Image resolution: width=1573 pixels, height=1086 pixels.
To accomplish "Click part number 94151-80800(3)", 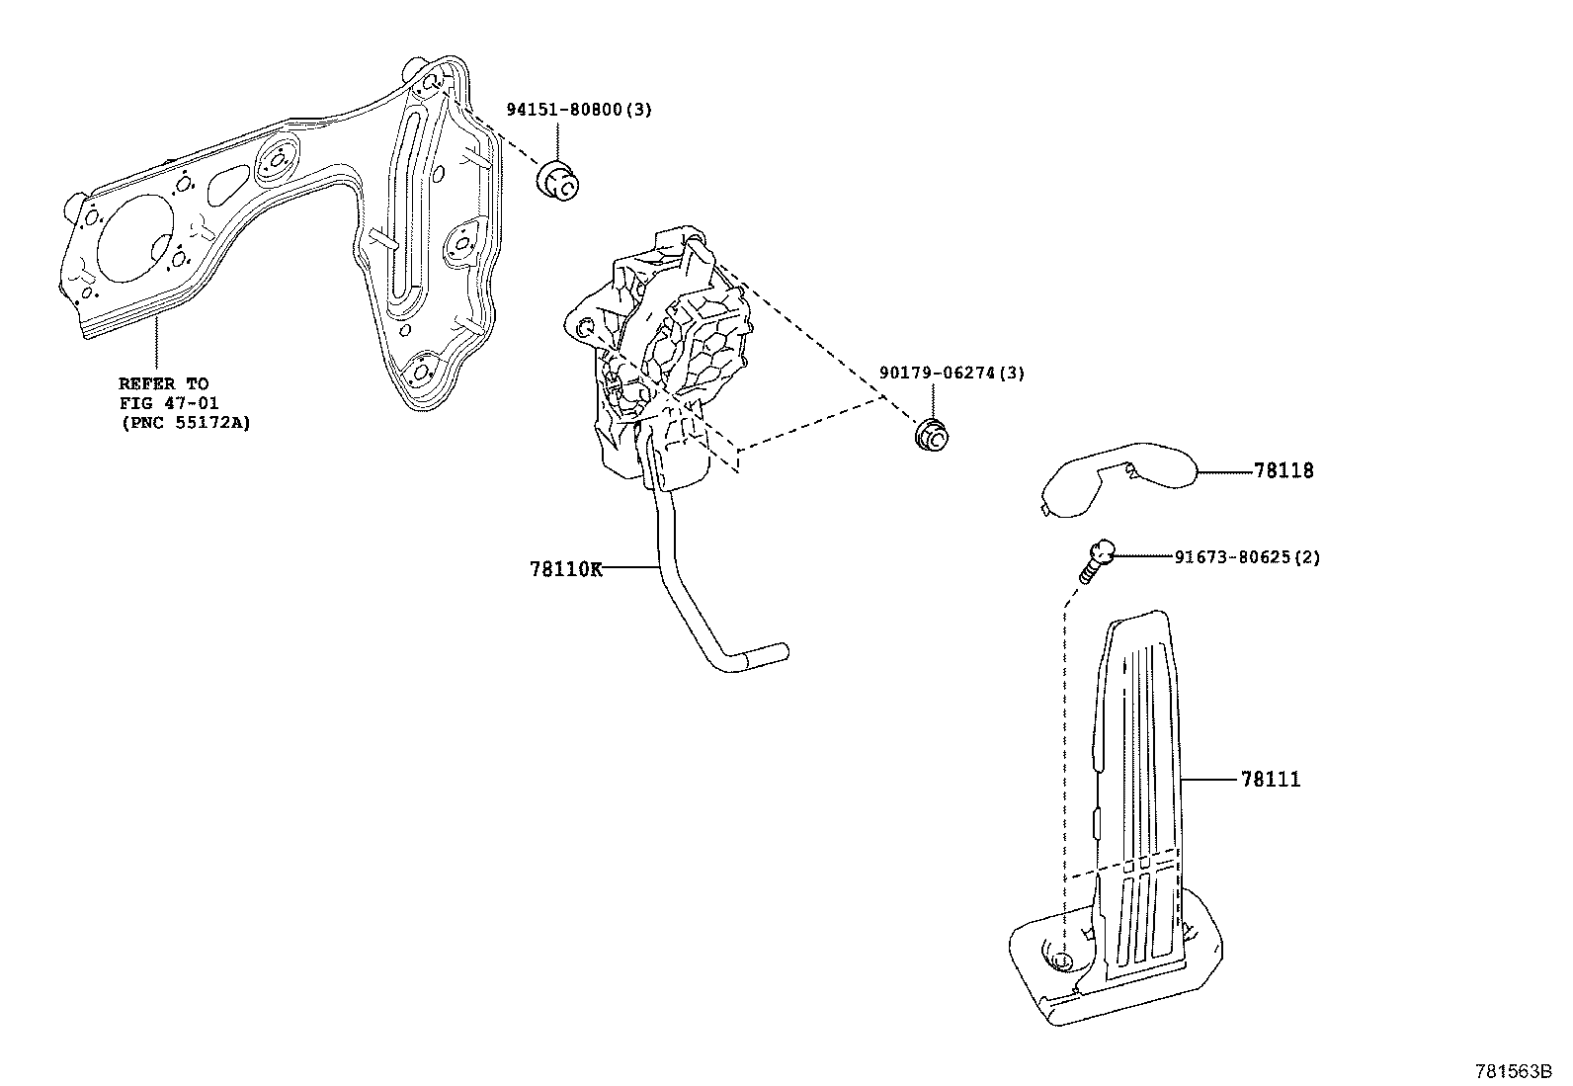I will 579,110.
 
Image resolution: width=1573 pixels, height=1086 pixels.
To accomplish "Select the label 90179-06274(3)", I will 952,373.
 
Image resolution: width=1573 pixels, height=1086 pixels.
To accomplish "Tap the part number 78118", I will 1283,471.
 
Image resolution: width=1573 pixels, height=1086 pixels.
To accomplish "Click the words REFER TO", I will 163,383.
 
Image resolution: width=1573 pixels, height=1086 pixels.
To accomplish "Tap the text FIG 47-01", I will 168,403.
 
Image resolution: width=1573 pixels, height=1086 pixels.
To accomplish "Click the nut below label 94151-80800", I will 560,182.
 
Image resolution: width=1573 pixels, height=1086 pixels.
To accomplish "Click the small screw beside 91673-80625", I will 1096,560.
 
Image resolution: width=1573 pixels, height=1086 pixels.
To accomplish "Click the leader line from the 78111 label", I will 1209,780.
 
